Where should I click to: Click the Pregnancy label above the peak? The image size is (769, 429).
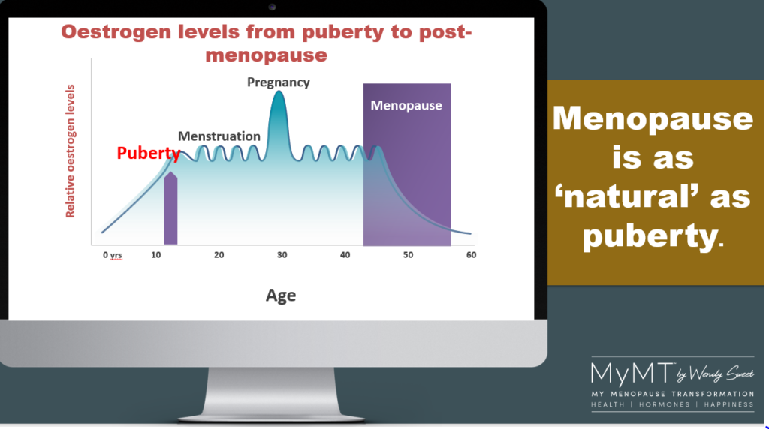(278, 82)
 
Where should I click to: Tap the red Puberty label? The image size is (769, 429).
(149, 153)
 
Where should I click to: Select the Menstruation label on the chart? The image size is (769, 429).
(219, 136)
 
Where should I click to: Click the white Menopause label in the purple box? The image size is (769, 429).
(406, 105)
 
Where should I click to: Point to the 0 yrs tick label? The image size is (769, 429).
(113, 255)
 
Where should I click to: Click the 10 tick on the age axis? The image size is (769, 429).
(156, 255)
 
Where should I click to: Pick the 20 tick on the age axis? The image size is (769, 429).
(219, 255)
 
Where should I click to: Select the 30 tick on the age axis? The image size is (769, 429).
(282, 255)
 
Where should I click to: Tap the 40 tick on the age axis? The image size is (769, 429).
(345, 255)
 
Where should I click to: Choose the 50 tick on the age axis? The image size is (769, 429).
(408, 255)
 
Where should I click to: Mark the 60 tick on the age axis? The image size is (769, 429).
(472, 255)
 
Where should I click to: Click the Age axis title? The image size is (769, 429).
(281, 295)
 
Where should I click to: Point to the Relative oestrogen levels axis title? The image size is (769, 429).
(70, 151)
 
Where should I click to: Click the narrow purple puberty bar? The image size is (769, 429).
(170, 208)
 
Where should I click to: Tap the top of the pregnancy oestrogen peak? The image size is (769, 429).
(279, 91)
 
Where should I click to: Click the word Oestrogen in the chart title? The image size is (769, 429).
(116, 32)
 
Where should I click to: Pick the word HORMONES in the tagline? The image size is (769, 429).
(665, 404)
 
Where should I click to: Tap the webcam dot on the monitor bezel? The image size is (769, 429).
(272, 7)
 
